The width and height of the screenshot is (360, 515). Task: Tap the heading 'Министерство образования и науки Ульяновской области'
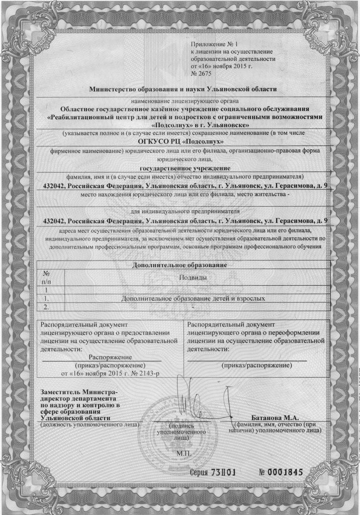[183, 90]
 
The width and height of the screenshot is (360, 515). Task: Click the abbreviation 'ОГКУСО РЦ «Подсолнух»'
[180, 141]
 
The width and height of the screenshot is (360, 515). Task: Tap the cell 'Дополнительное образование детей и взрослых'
[194, 298]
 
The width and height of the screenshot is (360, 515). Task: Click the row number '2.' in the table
[49, 306]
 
